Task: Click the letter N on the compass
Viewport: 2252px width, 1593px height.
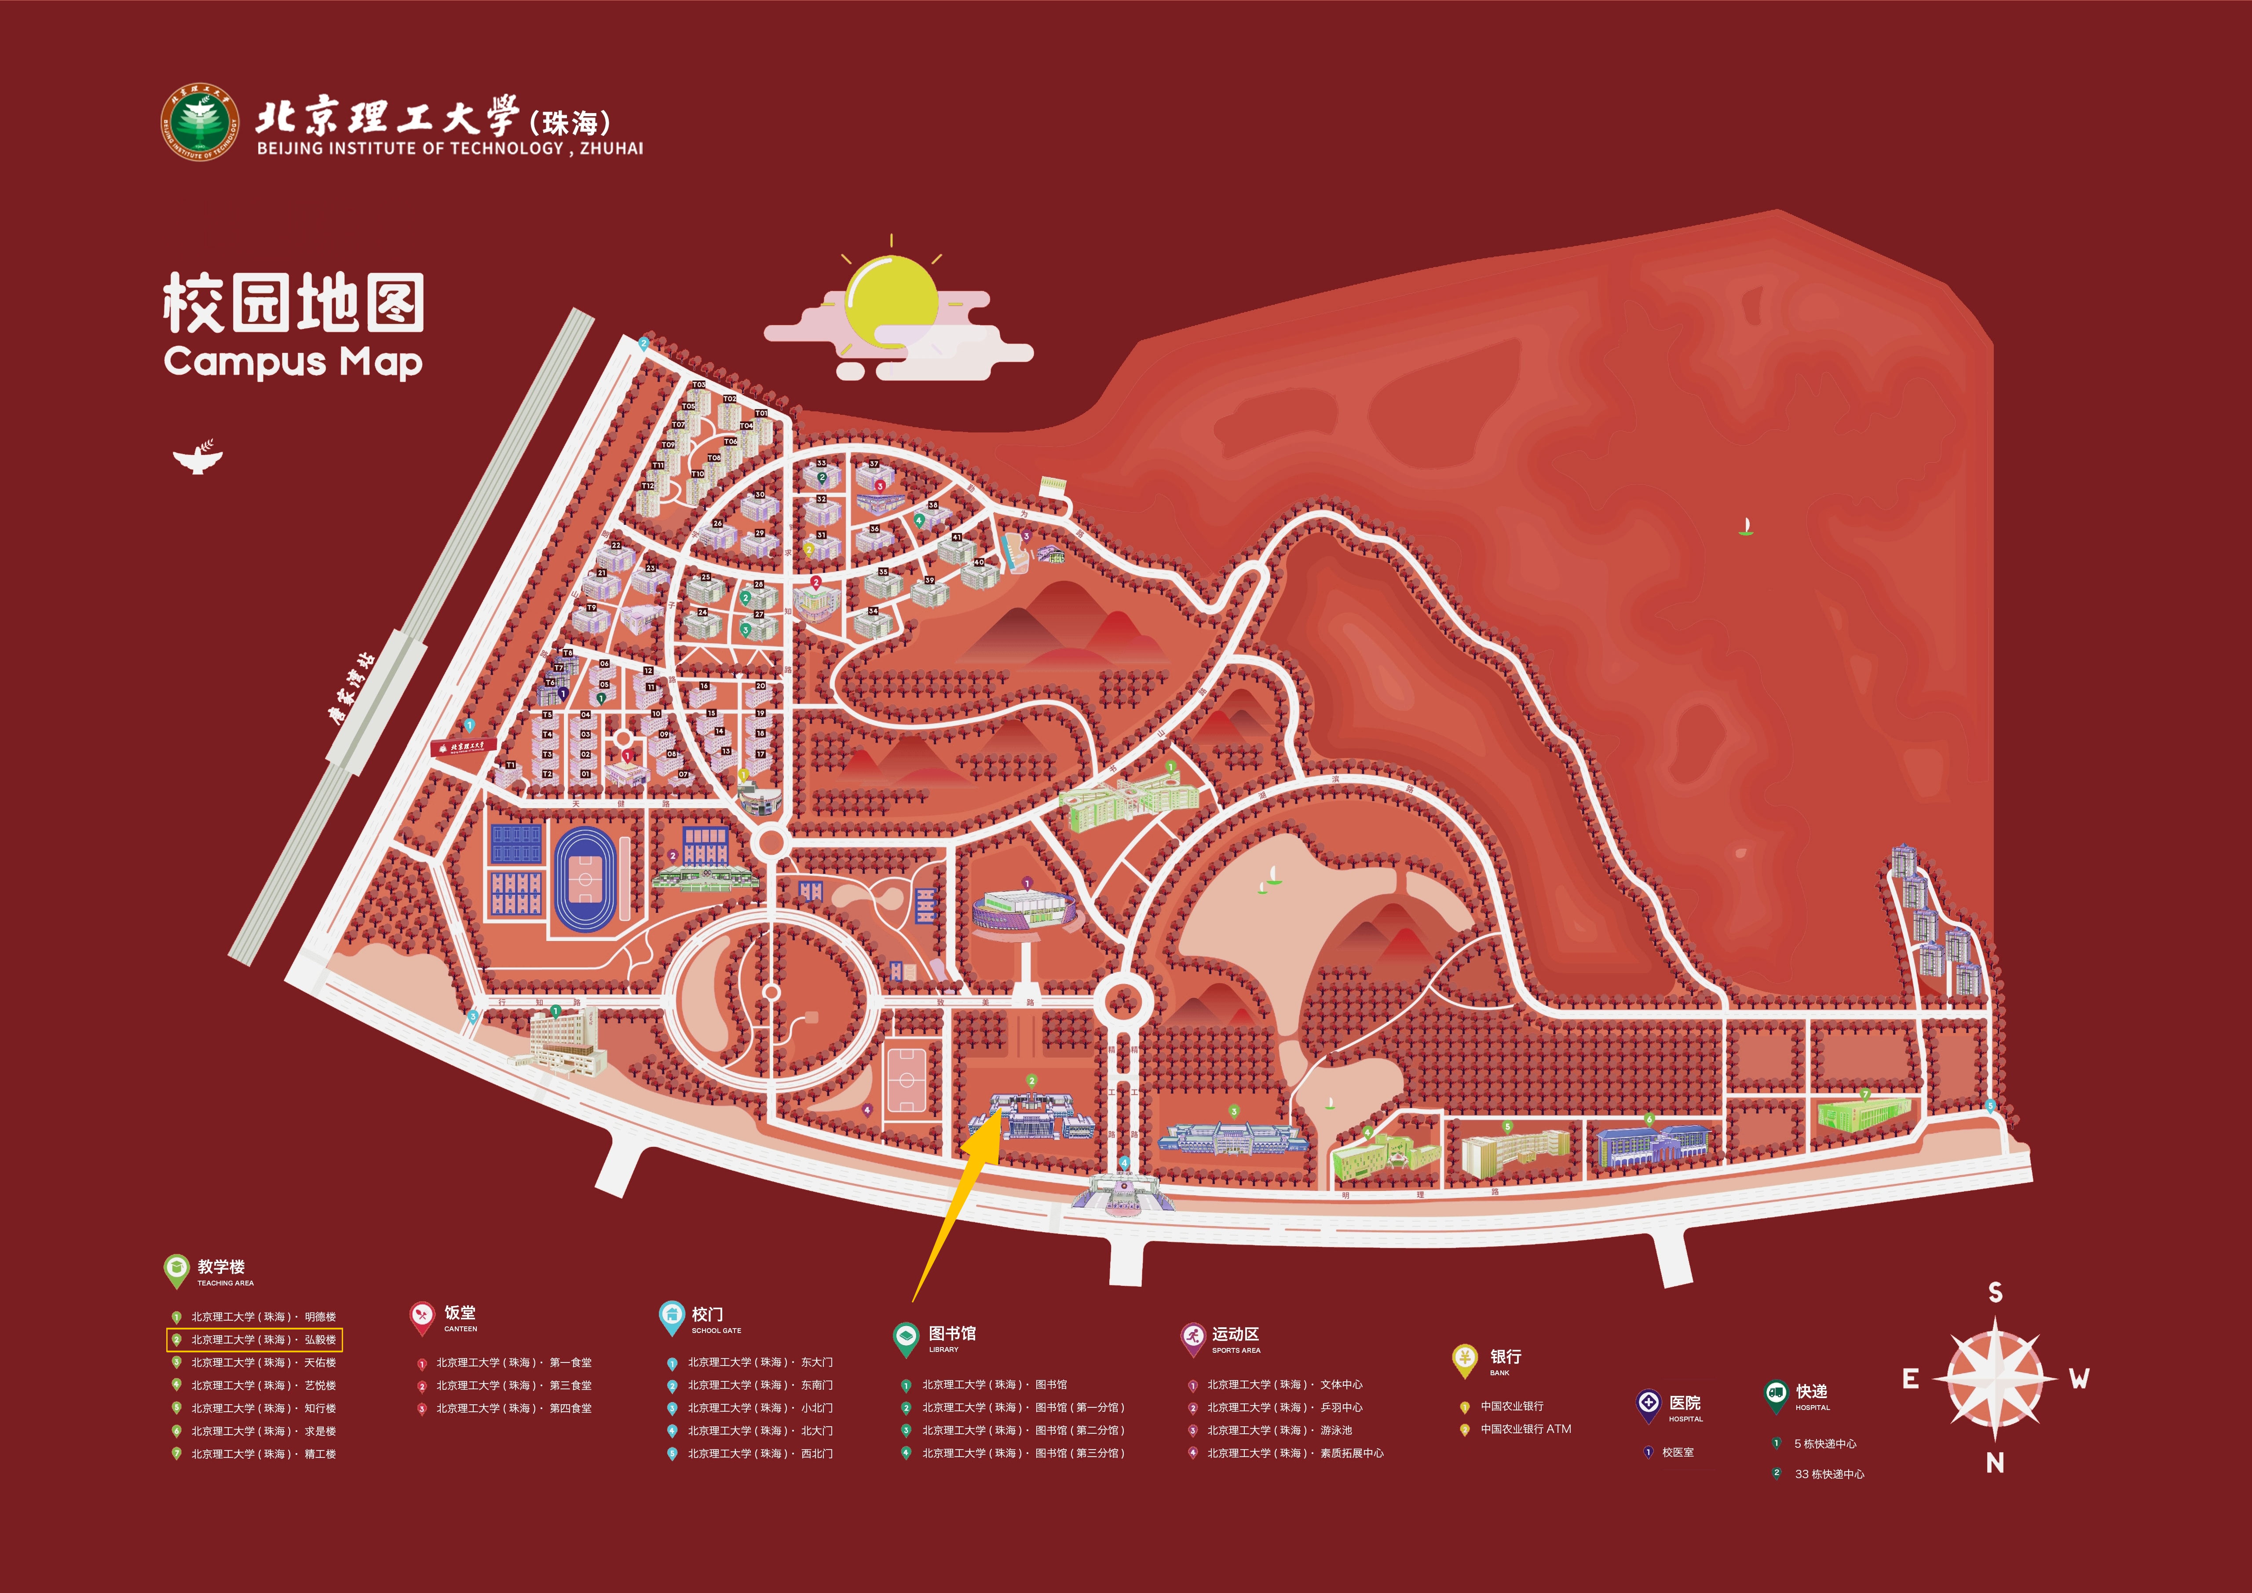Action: coord(1994,1462)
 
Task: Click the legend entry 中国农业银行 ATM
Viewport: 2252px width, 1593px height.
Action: coord(1525,1429)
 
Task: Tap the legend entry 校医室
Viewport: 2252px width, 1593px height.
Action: coord(1677,1452)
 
